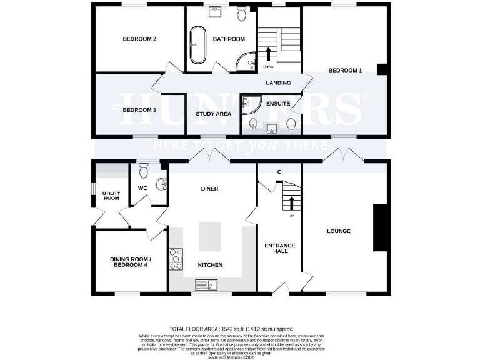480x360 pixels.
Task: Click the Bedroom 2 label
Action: point(139,39)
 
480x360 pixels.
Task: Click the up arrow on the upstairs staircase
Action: point(269,54)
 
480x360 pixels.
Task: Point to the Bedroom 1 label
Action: point(345,71)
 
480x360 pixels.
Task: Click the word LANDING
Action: point(278,82)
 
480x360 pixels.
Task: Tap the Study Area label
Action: point(214,114)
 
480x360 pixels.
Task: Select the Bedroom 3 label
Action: point(139,110)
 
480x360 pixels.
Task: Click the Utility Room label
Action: point(111,196)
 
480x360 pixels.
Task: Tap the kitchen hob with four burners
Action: point(176,259)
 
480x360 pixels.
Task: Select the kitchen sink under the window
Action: point(204,286)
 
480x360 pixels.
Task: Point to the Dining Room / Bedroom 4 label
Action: point(130,262)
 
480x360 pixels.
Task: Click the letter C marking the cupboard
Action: point(279,171)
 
